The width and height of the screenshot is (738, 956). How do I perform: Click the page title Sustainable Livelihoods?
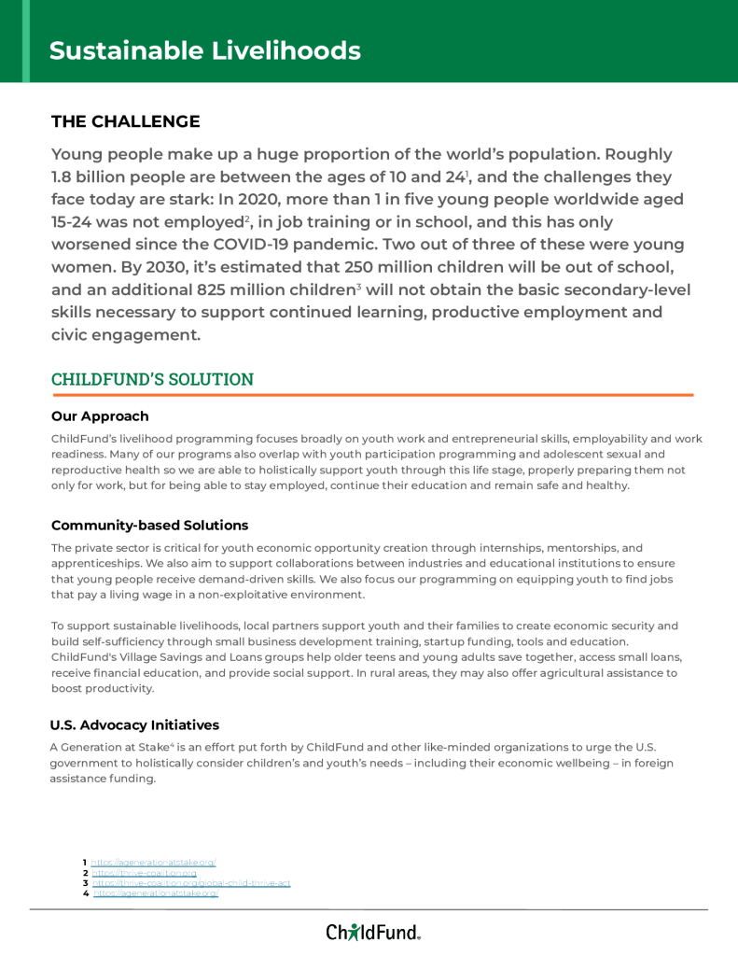[204, 50]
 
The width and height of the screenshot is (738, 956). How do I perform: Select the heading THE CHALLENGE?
[125, 121]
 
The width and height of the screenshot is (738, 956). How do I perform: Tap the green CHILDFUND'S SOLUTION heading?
[152, 379]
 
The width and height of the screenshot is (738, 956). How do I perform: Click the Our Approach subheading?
[100, 416]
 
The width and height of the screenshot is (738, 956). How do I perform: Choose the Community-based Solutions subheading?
[149, 526]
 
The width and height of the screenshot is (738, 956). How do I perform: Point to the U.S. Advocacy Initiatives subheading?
[134, 725]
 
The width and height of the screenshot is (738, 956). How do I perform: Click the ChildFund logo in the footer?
[372, 932]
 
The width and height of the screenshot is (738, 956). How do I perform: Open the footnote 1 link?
[153, 862]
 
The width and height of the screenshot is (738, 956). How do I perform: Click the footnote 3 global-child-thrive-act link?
[191, 883]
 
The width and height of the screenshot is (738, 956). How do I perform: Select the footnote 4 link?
[155, 893]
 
